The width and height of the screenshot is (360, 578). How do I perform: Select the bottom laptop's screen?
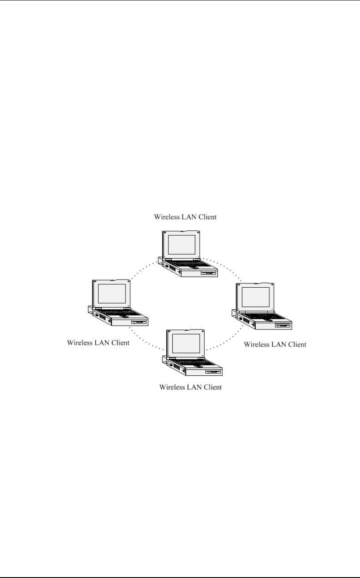pyautogui.click(x=186, y=343)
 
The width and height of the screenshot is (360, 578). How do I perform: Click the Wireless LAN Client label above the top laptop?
pyautogui.click(x=185, y=217)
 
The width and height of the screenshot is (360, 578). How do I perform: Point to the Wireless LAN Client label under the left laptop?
pyautogui.click(x=98, y=343)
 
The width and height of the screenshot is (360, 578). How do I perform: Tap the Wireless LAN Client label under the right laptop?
pyautogui.click(x=275, y=344)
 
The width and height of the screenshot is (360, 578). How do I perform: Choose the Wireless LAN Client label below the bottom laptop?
pyautogui.click(x=190, y=388)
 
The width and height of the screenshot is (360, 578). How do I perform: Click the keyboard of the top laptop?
pyautogui.click(x=187, y=264)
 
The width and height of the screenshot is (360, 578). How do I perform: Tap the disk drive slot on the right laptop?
pyautogui.click(x=283, y=326)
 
